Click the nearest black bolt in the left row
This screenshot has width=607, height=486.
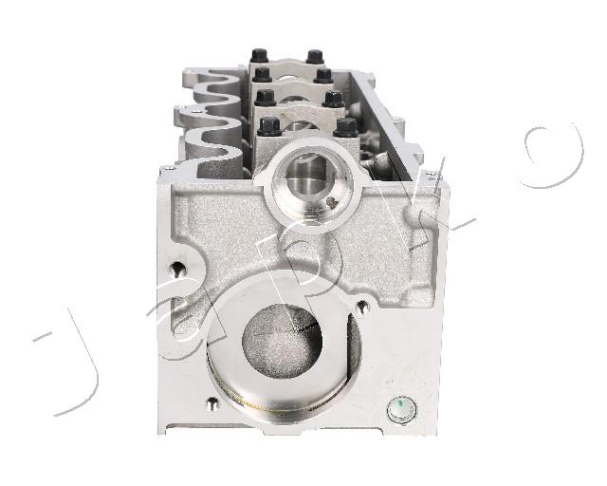coord(269,127)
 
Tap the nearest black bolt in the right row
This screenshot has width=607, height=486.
coord(345,127)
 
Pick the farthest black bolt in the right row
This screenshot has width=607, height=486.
coord(315,57)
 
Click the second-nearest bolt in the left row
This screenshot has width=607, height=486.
coord(265,98)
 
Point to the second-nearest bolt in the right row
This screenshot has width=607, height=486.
coord(333,100)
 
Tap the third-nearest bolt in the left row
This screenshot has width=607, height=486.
coord(262,74)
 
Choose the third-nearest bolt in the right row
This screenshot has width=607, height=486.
coord(323,76)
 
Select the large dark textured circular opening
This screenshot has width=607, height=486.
coord(282,341)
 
